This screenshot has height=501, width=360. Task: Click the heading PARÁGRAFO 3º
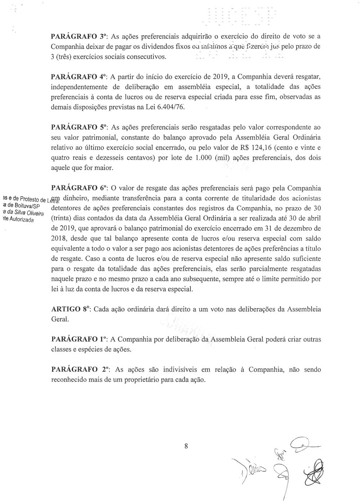79,36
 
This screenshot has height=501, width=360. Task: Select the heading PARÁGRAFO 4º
79,77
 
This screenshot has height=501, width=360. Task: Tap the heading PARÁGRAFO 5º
79,127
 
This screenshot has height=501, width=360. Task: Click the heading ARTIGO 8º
70,309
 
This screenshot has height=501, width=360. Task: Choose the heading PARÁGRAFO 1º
79,339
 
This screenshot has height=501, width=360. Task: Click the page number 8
186,446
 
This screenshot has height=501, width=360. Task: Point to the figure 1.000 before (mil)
201,158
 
